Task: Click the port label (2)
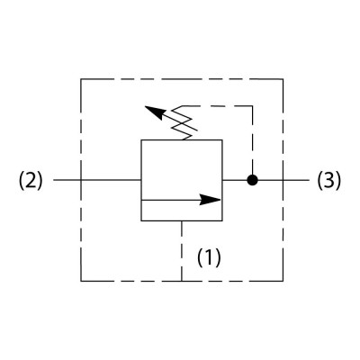tap(31, 181)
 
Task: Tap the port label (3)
tap(329, 181)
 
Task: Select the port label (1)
tap(209, 257)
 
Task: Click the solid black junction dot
tap(252, 180)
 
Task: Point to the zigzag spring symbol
tap(183, 123)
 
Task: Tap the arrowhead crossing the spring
tap(156, 112)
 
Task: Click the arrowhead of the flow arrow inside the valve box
tap(210, 200)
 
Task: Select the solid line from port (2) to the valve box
tap(97, 180)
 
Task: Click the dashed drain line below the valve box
tap(182, 251)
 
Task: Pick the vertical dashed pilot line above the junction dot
tap(252, 140)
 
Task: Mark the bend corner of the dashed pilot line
tap(252, 106)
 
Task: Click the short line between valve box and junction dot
tap(235, 180)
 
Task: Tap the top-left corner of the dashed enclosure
tap(81, 79)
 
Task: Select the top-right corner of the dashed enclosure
tap(283, 79)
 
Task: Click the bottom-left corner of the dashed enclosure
tap(81, 281)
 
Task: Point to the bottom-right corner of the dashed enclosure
tap(283, 281)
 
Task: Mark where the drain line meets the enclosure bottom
tap(182, 281)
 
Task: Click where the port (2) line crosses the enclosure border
tap(81, 180)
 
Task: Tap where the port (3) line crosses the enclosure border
tap(283, 180)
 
